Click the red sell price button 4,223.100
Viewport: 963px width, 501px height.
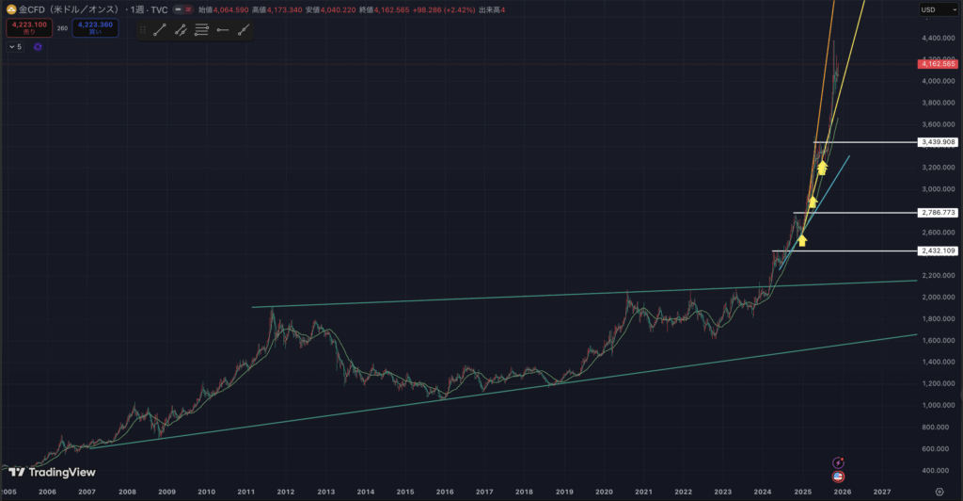pos(24,27)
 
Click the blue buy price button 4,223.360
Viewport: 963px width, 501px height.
pos(96,27)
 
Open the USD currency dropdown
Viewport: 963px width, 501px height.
pos(932,10)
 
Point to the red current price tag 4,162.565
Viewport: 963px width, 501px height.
pos(939,64)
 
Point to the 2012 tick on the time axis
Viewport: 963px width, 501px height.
pos(286,492)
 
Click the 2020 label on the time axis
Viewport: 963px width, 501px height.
pos(604,492)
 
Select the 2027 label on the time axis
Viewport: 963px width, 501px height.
pos(882,492)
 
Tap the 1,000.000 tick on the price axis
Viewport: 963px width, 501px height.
pos(937,405)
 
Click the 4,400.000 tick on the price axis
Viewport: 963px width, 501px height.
pos(937,38)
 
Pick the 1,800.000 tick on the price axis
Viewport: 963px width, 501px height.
pos(937,318)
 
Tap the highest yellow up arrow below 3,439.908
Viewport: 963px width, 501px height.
pos(822,168)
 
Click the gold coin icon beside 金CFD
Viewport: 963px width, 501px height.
pos(8,9)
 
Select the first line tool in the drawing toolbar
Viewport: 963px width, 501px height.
pos(159,30)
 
